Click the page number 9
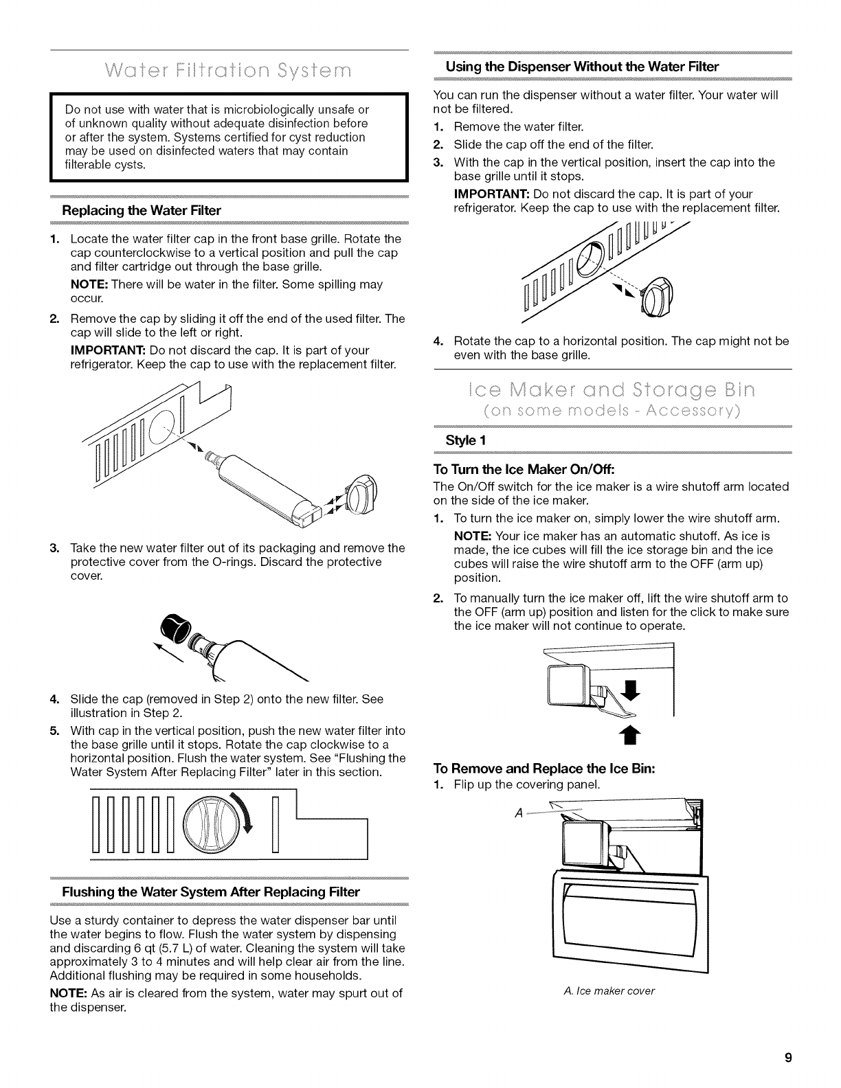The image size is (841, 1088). click(x=789, y=1058)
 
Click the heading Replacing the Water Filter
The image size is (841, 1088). click(x=142, y=210)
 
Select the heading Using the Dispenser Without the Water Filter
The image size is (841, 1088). click(x=582, y=67)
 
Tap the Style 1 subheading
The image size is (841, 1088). click(x=466, y=440)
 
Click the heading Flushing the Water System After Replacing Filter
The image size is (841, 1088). click(x=211, y=892)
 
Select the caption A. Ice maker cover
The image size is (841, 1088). click(x=609, y=990)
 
